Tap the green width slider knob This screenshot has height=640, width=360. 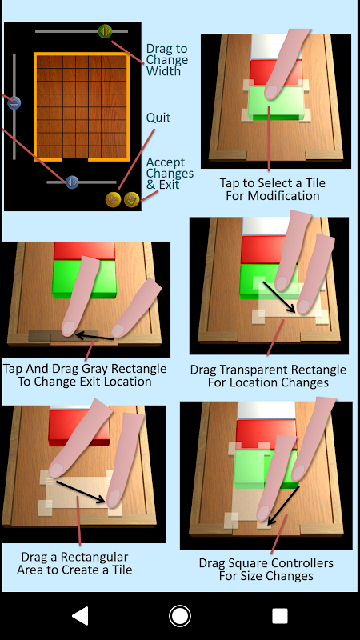[x=105, y=31]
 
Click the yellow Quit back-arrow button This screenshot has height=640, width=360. [x=113, y=199]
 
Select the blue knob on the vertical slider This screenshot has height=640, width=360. [x=14, y=102]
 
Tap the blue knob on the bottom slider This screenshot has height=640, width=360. [x=72, y=182]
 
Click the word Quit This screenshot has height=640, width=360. [x=158, y=118]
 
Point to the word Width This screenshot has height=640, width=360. [x=163, y=71]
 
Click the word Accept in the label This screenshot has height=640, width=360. [x=166, y=162]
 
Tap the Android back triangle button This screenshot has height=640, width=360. [x=81, y=615]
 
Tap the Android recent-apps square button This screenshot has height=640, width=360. [x=279, y=616]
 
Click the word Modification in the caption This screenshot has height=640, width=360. [x=285, y=196]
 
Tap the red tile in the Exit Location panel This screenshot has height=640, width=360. [x=84, y=250]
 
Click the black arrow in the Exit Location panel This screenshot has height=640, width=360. [x=94, y=337]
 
